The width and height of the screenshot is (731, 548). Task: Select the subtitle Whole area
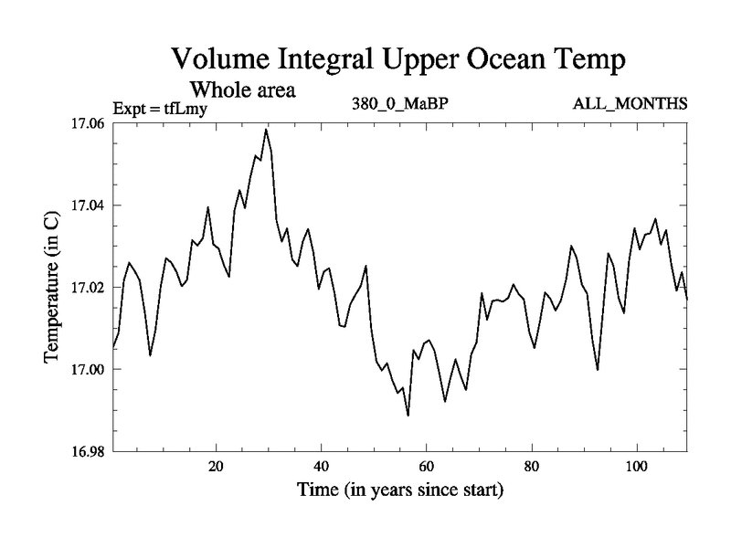pos(241,90)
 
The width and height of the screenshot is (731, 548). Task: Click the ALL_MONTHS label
pos(630,103)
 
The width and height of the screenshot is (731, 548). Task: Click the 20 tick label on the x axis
pos(217,467)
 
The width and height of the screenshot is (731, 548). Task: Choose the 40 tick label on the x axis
pos(322,467)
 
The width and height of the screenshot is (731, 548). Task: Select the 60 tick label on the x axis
pos(427,467)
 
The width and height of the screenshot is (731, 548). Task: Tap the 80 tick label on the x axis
pos(532,467)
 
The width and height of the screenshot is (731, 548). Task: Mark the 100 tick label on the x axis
pos(636,467)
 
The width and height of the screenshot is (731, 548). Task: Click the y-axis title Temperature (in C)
pos(52,287)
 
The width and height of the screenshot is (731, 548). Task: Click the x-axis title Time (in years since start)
pos(399,490)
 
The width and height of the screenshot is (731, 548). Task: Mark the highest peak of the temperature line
pos(266,130)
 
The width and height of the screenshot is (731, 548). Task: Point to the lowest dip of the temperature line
pos(408,415)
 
